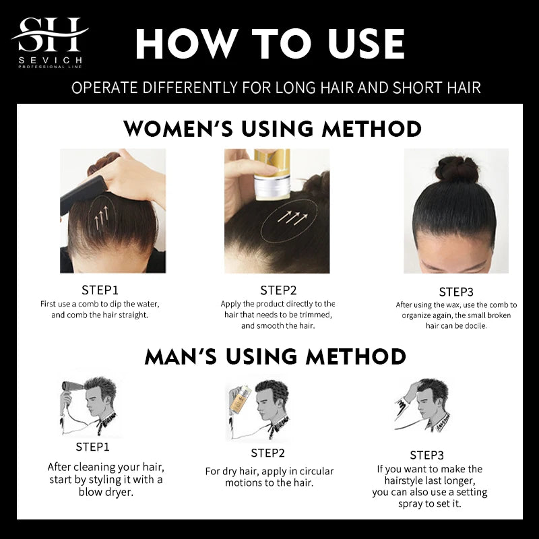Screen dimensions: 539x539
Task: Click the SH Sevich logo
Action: (x=50, y=42)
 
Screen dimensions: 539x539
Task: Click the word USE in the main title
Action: (x=366, y=44)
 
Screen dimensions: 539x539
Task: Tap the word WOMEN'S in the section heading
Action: (x=178, y=129)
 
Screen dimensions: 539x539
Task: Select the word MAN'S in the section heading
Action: (x=181, y=356)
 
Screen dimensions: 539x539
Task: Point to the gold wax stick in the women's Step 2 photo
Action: (x=272, y=175)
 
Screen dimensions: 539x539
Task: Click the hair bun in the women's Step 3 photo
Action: (x=457, y=169)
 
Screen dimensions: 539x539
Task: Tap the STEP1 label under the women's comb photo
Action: (x=100, y=290)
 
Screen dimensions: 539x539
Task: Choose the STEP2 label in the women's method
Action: (x=278, y=290)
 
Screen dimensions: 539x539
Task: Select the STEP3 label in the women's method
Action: (x=456, y=292)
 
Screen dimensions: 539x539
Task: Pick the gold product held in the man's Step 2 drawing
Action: (x=240, y=400)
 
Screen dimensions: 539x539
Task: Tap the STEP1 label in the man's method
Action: (x=92, y=447)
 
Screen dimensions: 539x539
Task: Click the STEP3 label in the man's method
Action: (x=427, y=455)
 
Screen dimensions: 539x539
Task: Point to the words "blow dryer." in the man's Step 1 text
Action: (x=106, y=493)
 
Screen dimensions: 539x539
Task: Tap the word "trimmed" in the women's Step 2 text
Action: (x=315, y=315)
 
